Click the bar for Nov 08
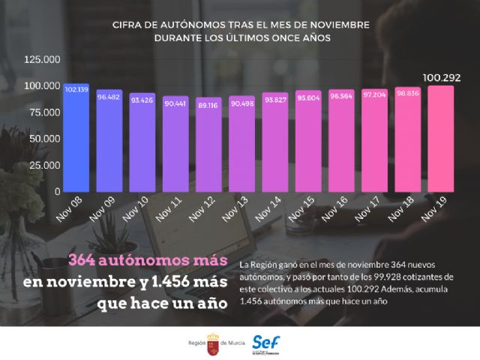point(76,139)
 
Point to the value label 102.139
point(76,89)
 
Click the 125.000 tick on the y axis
point(42,60)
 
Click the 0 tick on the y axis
point(57,191)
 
